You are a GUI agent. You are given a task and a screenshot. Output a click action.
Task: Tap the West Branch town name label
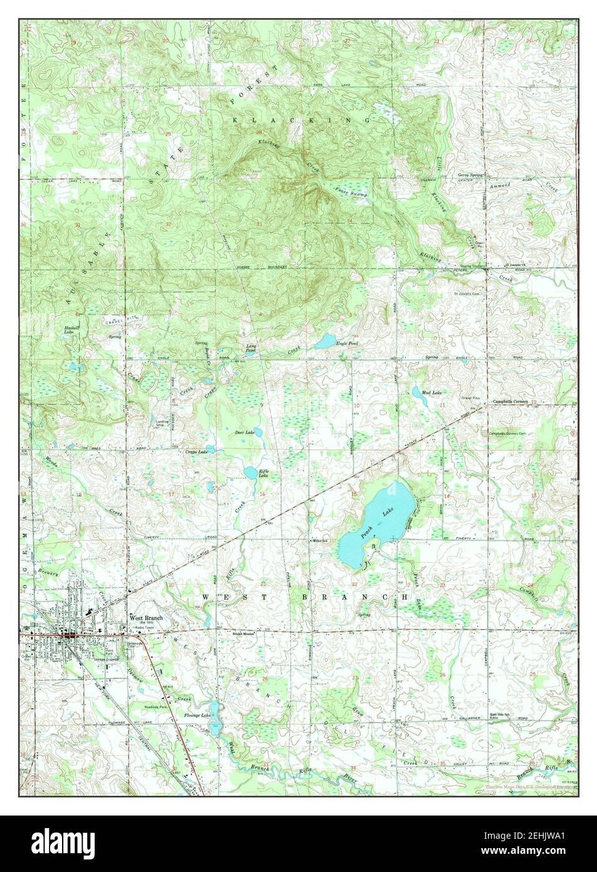tap(145, 617)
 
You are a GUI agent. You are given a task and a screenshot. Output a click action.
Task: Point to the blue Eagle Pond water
tap(326, 341)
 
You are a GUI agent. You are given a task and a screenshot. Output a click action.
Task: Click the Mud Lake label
tap(431, 393)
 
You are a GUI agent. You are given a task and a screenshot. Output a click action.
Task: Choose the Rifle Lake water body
tap(249, 472)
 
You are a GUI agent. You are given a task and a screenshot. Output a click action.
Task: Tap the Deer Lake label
tap(245, 433)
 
